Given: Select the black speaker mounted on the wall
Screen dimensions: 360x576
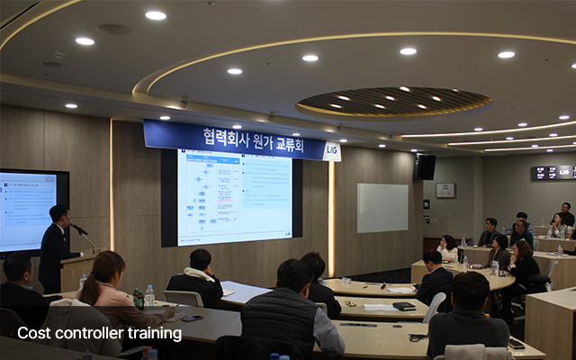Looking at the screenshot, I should pyautogui.click(x=426, y=166).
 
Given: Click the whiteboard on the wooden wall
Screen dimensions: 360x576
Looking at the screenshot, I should pyautogui.click(x=382, y=208).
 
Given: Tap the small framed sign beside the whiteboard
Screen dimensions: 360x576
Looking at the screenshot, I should pyautogui.click(x=445, y=190).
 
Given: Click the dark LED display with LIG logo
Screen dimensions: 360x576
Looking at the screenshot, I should pyautogui.click(x=553, y=172).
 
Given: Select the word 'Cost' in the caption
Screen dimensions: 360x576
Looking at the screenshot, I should pyautogui.click(x=33, y=334).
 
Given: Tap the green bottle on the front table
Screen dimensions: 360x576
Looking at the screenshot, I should pyautogui.click(x=138, y=298).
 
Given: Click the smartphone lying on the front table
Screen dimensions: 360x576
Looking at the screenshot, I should pyautogui.click(x=192, y=317).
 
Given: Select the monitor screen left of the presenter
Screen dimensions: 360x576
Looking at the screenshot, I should pyautogui.click(x=28, y=211).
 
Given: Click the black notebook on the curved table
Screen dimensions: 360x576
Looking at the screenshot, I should pyautogui.click(x=404, y=306).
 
